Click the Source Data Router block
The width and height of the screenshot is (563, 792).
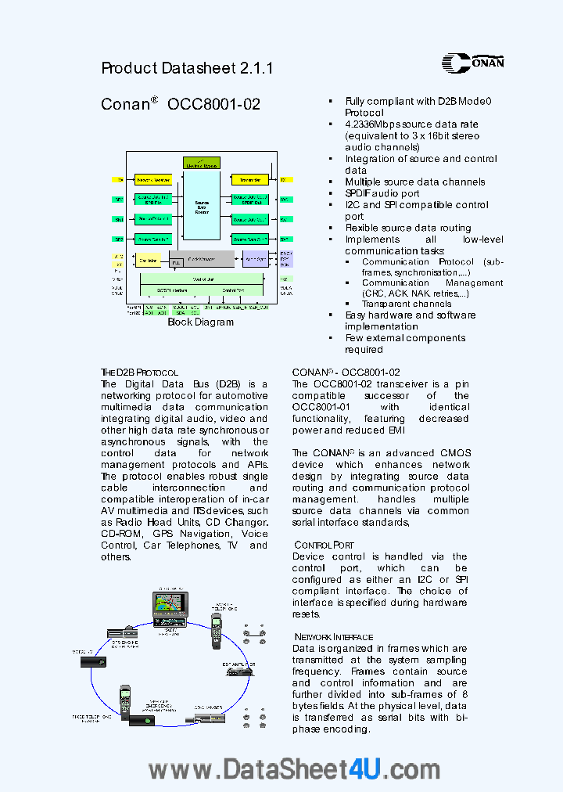tap(202, 207)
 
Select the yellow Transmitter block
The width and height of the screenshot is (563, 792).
tap(250, 180)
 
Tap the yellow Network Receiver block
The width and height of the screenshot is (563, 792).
tap(153, 180)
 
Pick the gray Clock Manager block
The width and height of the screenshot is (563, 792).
tap(202, 259)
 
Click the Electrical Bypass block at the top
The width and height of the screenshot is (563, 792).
tap(201, 163)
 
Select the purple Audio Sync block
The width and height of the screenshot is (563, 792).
tap(255, 259)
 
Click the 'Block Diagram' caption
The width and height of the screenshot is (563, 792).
tap(201, 322)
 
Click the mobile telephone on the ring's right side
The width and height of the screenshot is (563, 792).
tap(217, 631)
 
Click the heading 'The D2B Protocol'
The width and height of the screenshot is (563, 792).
tap(139, 373)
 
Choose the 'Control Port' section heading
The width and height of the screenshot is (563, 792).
tap(324, 545)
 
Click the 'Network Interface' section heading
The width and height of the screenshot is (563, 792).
tap(333, 637)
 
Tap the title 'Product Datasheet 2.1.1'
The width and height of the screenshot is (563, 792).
tap(187, 68)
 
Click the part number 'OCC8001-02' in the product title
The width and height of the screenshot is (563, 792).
tap(213, 104)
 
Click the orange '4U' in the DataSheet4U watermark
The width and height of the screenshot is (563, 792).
tap(364, 769)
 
